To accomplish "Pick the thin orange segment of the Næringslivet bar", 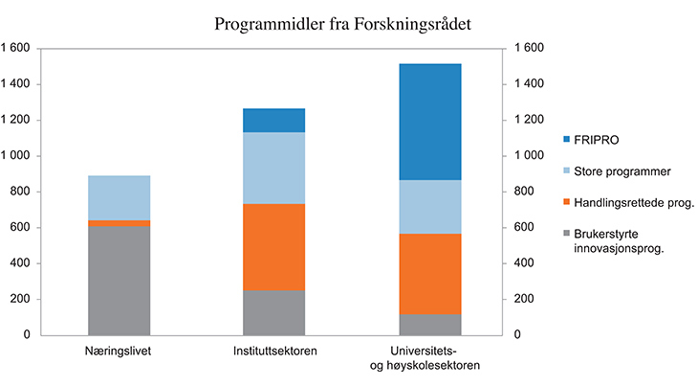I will tap(119, 222).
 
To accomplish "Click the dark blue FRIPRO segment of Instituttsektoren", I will tap(273, 120).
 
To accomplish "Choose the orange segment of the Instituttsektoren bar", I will tap(273, 247).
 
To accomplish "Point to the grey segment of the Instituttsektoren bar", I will tap(273, 312).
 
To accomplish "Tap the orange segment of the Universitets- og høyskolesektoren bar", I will tap(430, 274).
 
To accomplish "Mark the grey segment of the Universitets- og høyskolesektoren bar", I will tap(430, 324).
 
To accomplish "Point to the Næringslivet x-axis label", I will tap(119, 352).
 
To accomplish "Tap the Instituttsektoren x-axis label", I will tap(275, 352).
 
